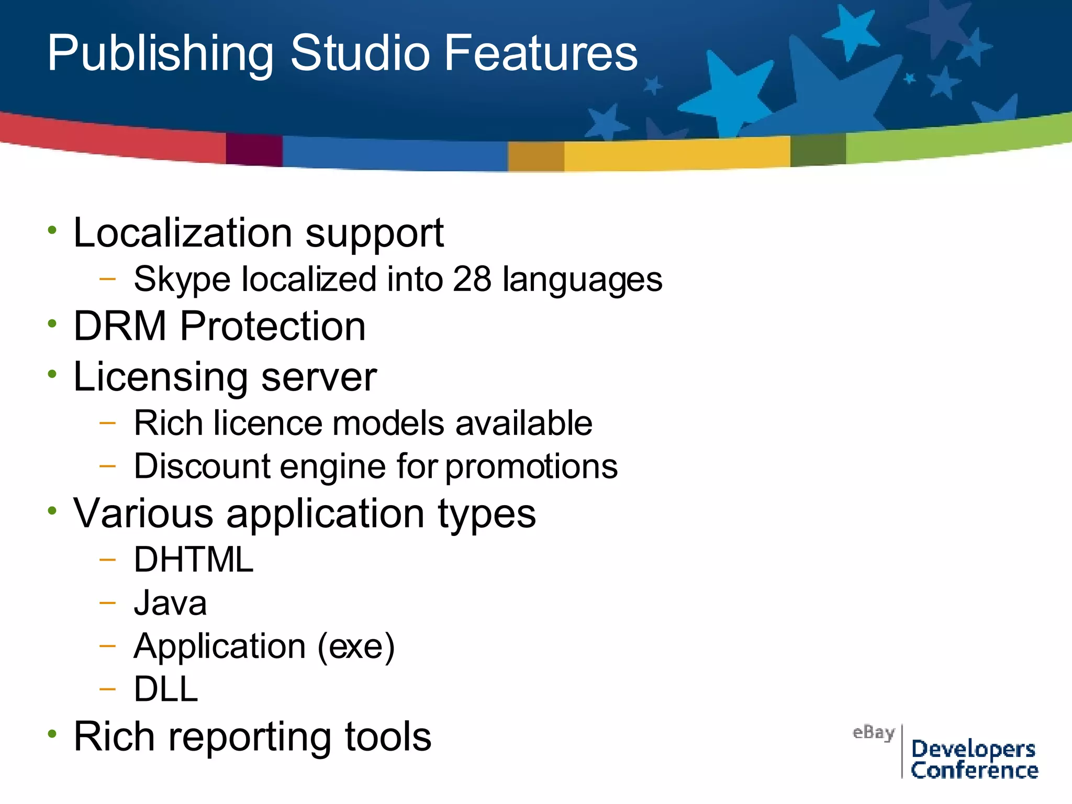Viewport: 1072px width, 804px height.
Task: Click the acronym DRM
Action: (120, 326)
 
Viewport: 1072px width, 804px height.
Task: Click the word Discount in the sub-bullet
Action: (202, 466)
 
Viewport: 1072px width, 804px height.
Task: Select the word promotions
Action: (531, 467)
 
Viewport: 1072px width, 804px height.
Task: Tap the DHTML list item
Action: (194, 560)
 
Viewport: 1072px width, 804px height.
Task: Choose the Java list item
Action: (170, 603)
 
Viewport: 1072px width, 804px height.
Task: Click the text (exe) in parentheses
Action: (356, 646)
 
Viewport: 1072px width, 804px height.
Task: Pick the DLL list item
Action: (166, 689)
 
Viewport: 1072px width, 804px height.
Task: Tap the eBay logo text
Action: (873, 732)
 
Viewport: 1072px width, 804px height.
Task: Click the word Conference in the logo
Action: (974, 770)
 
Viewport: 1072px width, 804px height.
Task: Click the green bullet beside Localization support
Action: (52, 230)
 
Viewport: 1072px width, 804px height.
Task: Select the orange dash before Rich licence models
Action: (107, 422)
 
